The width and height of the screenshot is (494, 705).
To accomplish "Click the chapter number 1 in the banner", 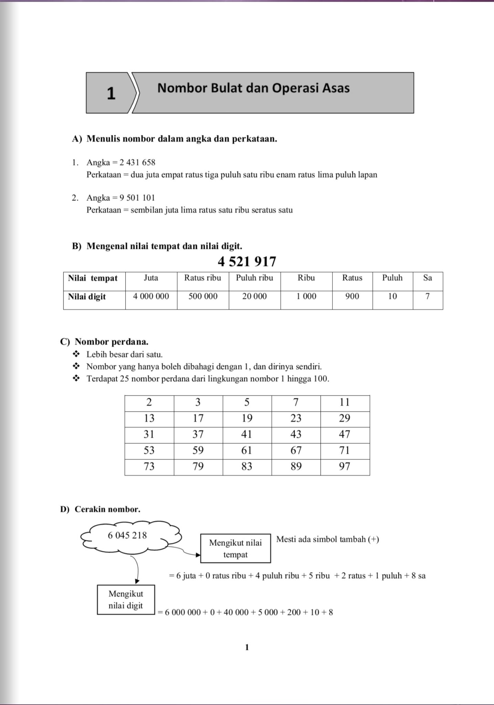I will [x=111, y=93].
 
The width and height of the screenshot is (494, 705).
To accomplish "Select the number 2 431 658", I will [x=137, y=162].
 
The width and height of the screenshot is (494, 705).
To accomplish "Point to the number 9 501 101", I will [x=137, y=198].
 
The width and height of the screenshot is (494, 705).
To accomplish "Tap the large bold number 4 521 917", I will [x=247, y=262].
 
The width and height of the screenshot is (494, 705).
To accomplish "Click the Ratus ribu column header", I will [x=203, y=278].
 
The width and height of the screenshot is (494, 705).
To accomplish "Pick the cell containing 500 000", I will [x=203, y=296].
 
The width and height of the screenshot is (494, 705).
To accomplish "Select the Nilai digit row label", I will [x=87, y=297].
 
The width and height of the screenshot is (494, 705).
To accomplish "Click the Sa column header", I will [x=428, y=278].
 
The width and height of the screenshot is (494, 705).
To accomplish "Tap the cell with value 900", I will [x=352, y=296].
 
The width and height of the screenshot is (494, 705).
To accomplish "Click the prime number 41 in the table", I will [x=247, y=434].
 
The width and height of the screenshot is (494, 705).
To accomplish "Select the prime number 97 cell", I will [x=345, y=466].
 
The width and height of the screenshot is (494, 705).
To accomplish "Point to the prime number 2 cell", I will [x=149, y=402].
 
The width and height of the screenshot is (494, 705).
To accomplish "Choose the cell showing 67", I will [x=296, y=450].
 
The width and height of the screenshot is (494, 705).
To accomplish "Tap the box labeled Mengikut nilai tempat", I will [x=235, y=548].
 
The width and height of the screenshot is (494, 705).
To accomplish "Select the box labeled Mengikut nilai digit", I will [x=126, y=600].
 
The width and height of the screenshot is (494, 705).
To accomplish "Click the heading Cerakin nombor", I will [x=107, y=509].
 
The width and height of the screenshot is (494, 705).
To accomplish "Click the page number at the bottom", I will [x=247, y=648].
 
